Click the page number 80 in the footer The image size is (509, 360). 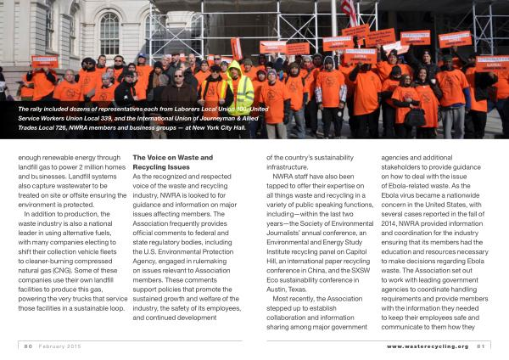28,346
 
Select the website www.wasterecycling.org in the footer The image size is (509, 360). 427,346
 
